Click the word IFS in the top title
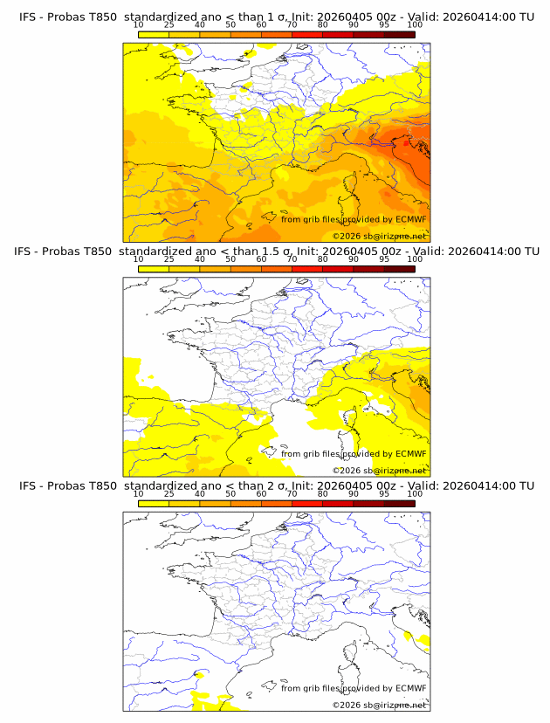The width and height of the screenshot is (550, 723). coord(29,17)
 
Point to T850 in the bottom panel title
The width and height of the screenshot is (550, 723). coord(99,485)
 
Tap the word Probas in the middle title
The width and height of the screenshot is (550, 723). coord(69,251)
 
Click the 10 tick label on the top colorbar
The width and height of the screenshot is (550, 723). coord(138,24)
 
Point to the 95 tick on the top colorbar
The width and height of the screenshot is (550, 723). coord(384,24)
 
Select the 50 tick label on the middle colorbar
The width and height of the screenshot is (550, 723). coord(230,259)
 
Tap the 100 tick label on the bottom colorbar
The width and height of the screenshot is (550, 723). coord(415,493)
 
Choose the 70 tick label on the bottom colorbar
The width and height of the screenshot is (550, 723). coord(292,493)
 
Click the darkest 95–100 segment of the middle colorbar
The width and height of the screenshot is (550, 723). coord(400,269)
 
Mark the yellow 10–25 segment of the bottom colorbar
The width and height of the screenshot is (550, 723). coord(153,503)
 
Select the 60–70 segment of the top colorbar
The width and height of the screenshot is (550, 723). coord(277,34)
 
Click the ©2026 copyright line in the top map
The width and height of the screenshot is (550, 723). coord(379,236)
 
